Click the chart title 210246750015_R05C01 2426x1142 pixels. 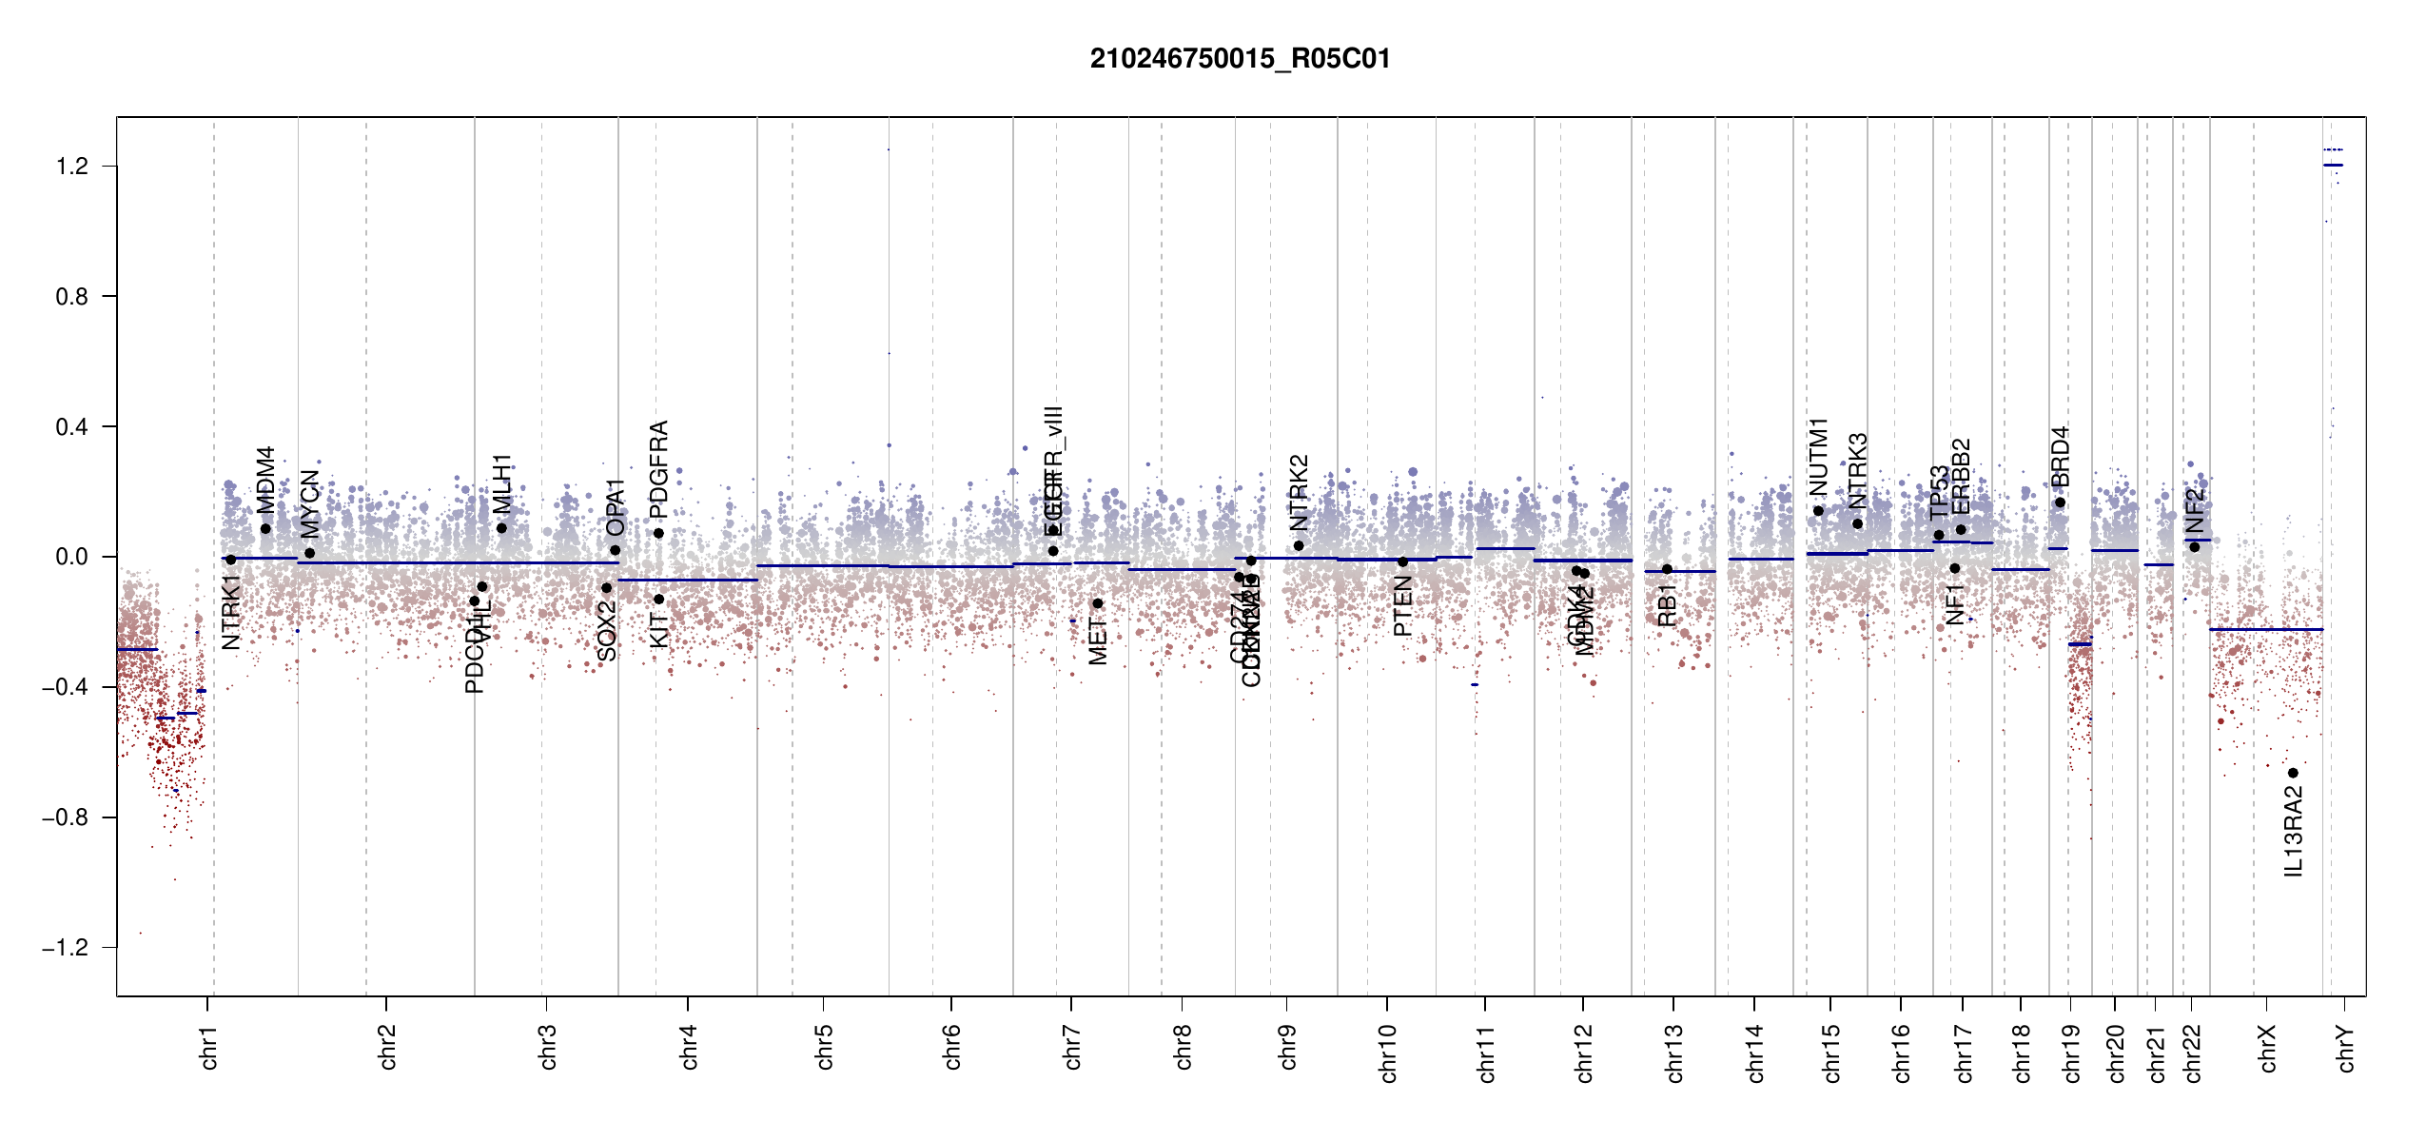click(x=1240, y=59)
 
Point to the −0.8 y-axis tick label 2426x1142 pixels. click(x=65, y=817)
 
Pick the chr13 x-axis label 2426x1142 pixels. click(x=1673, y=1053)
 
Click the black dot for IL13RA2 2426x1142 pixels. click(x=2293, y=773)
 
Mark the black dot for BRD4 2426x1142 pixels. click(x=2060, y=503)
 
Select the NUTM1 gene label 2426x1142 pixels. click(x=1819, y=457)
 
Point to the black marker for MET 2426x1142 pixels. click(x=1097, y=603)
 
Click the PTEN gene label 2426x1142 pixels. click(x=1402, y=606)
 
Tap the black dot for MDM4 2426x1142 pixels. click(x=265, y=529)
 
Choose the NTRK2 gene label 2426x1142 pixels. click(x=1299, y=493)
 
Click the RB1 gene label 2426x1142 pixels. click(x=1667, y=605)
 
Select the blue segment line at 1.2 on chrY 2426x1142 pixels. click(x=2333, y=166)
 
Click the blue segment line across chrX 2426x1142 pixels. click(x=2265, y=629)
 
